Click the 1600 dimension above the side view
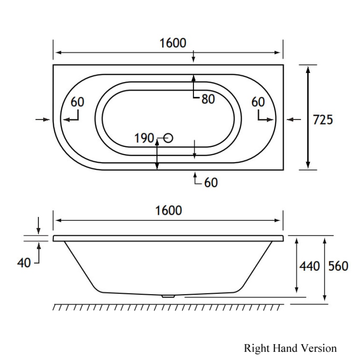(168, 211)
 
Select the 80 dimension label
(208, 99)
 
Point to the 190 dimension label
(144, 138)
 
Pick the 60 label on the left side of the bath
(77, 102)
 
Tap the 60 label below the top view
(211, 182)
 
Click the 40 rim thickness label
(24, 263)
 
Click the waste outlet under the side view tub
(168, 296)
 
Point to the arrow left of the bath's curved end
(43, 120)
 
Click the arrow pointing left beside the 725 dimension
(293, 120)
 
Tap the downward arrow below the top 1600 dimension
(194, 56)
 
